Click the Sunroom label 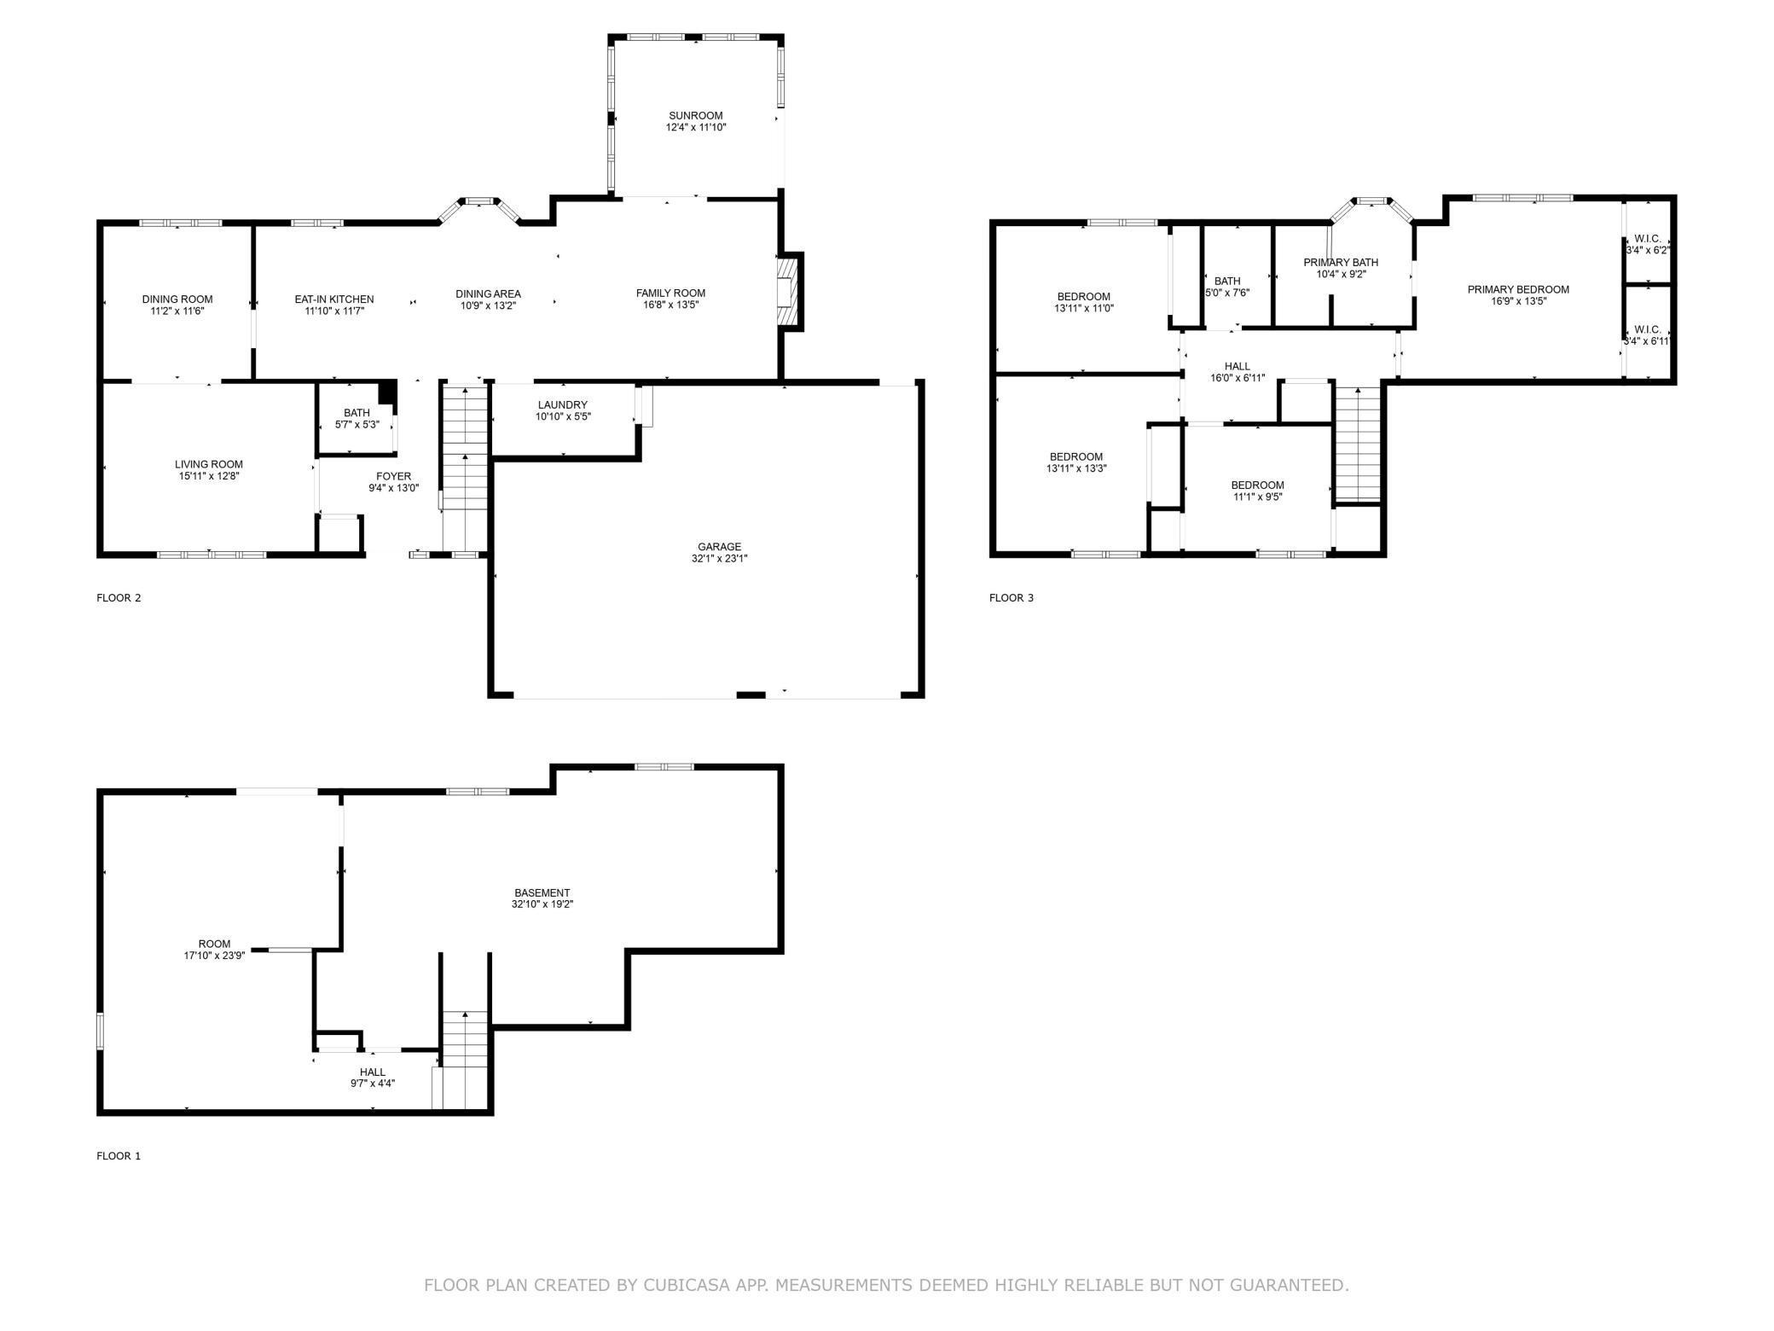point(696,116)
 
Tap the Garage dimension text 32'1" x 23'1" point(719,559)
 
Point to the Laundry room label point(563,405)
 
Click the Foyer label point(394,477)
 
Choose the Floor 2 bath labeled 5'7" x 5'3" point(357,418)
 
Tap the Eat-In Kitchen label point(334,299)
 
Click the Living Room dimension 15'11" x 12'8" point(209,477)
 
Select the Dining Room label point(177,299)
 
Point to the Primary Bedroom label point(1518,290)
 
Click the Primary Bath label point(1341,263)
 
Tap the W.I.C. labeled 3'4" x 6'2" point(1648,245)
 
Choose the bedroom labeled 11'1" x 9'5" point(1257,491)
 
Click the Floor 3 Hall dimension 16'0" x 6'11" point(1238,378)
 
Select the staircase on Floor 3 point(1358,444)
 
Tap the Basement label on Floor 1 point(542,893)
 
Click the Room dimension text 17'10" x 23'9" point(215,956)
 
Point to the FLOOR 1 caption point(119,1156)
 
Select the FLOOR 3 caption point(1012,598)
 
